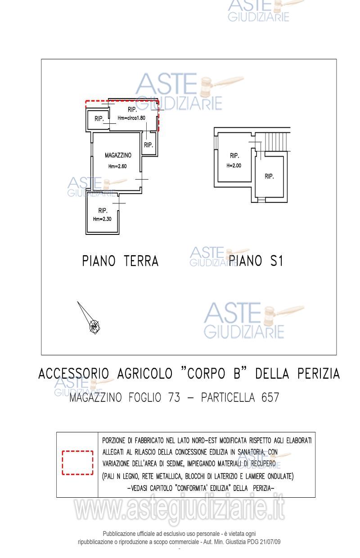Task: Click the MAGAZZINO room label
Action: tap(117, 155)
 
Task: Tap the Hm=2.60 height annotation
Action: tap(117, 166)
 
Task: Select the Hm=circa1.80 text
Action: tap(131, 118)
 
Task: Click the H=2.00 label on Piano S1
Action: tap(234, 165)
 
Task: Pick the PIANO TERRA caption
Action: tap(120, 261)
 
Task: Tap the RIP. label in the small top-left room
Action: tap(99, 119)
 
